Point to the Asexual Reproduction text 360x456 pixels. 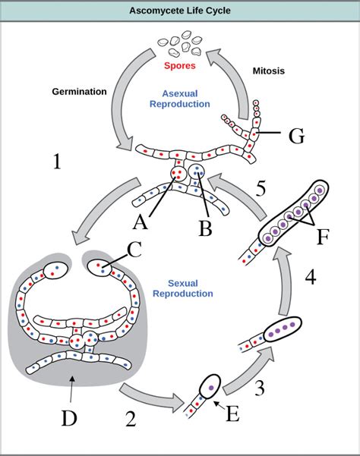click(x=180, y=99)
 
